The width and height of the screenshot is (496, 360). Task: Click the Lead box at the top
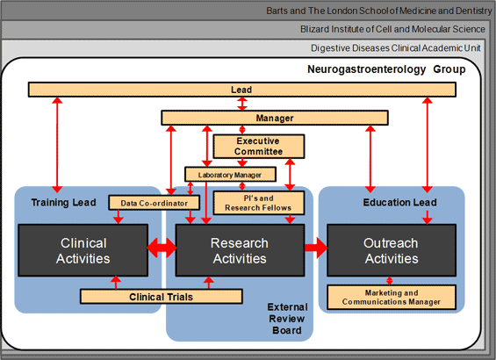(x=242, y=90)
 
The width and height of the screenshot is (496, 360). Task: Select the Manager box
(x=275, y=118)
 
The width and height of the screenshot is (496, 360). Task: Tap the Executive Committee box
(x=259, y=146)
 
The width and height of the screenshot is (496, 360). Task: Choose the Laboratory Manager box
(x=230, y=175)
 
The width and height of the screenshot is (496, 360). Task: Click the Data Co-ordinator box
(x=154, y=203)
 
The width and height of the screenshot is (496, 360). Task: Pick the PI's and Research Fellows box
(x=259, y=203)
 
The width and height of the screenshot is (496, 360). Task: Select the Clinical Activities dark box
(x=83, y=250)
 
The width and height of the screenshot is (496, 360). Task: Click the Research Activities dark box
(x=240, y=250)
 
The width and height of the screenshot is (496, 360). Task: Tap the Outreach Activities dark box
(x=392, y=250)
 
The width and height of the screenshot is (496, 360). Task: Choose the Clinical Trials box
(x=162, y=297)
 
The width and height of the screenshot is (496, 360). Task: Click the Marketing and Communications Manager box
(x=392, y=298)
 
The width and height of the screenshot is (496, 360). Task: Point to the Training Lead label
(x=63, y=203)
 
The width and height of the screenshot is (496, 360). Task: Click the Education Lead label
(x=399, y=203)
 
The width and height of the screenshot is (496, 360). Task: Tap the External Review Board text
(x=287, y=319)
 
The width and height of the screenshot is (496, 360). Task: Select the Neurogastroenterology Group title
(x=386, y=69)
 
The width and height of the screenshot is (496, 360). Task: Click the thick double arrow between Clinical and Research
(x=162, y=248)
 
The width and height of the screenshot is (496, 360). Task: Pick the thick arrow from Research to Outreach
(x=316, y=248)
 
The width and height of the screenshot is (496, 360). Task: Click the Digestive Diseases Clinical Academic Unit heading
(x=396, y=48)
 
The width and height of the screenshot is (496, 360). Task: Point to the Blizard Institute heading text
(x=392, y=29)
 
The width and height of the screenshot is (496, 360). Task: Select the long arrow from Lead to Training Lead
(x=57, y=145)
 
